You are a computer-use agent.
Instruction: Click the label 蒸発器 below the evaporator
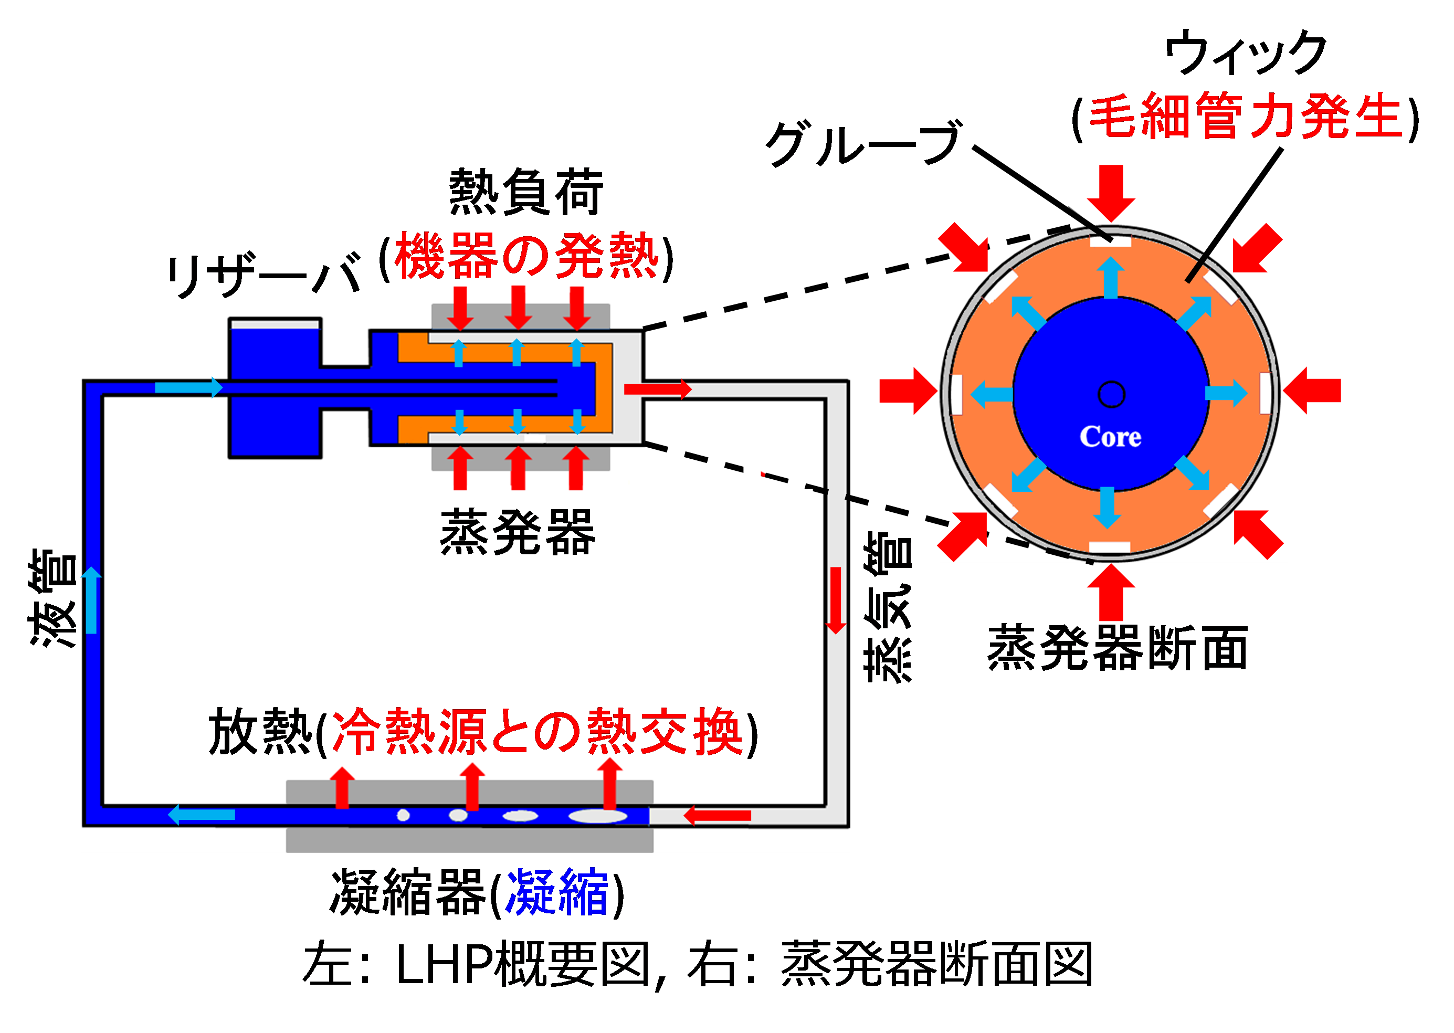click(x=517, y=532)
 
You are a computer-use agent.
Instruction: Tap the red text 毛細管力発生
click(x=1246, y=117)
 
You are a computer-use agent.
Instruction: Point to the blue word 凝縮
click(x=556, y=892)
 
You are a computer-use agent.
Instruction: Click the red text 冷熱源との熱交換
click(x=538, y=732)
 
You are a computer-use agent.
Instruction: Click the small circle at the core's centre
click(x=1111, y=394)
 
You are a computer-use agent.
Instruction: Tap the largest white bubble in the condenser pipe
click(x=597, y=816)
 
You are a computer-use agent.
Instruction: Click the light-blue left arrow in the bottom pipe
click(x=202, y=814)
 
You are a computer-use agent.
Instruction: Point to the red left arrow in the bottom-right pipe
click(x=718, y=815)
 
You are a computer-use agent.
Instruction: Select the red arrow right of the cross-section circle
click(x=1313, y=391)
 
